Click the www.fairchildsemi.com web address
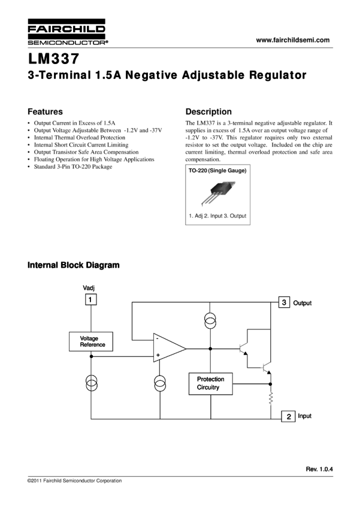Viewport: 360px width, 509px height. pyautogui.click(x=293, y=40)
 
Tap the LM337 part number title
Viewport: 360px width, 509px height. pyautogui.click(x=53, y=59)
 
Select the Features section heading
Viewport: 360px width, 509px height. pyautogui.click(x=45, y=111)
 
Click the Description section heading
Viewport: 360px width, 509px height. pyautogui.click(x=208, y=111)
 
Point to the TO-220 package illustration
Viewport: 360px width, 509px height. pyautogui.click(x=217, y=193)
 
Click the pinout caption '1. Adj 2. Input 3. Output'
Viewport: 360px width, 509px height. pyautogui.click(x=217, y=216)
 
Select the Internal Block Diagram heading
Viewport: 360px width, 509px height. pyautogui.click(x=73, y=265)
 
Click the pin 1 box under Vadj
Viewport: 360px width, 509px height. pyautogui.click(x=90, y=299)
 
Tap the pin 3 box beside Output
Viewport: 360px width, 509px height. pyautogui.click(x=284, y=302)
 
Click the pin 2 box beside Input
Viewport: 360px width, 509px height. pyautogui.click(x=288, y=416)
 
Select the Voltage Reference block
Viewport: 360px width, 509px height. pyautogui.click(x=91, y=341)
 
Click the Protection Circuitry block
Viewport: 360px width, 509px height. pyautogui.click(x=211, y=384)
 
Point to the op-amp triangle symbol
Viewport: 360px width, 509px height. pyautogui.click(x=170, y=348)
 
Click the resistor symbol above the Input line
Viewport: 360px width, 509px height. pyautogui.click(x=270, y=399)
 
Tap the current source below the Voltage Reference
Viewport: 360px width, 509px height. pyautogui.click(x=92, y=383)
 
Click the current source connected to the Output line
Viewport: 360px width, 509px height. pyautogui.click(x=210, y=321)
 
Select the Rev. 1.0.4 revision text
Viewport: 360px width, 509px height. pyautogui.click(x=319, y=469)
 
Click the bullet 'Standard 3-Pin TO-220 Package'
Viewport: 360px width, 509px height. pyautogui.click(x=73, y=166)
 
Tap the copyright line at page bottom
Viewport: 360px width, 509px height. pyautogui.click(x=75, y=481)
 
